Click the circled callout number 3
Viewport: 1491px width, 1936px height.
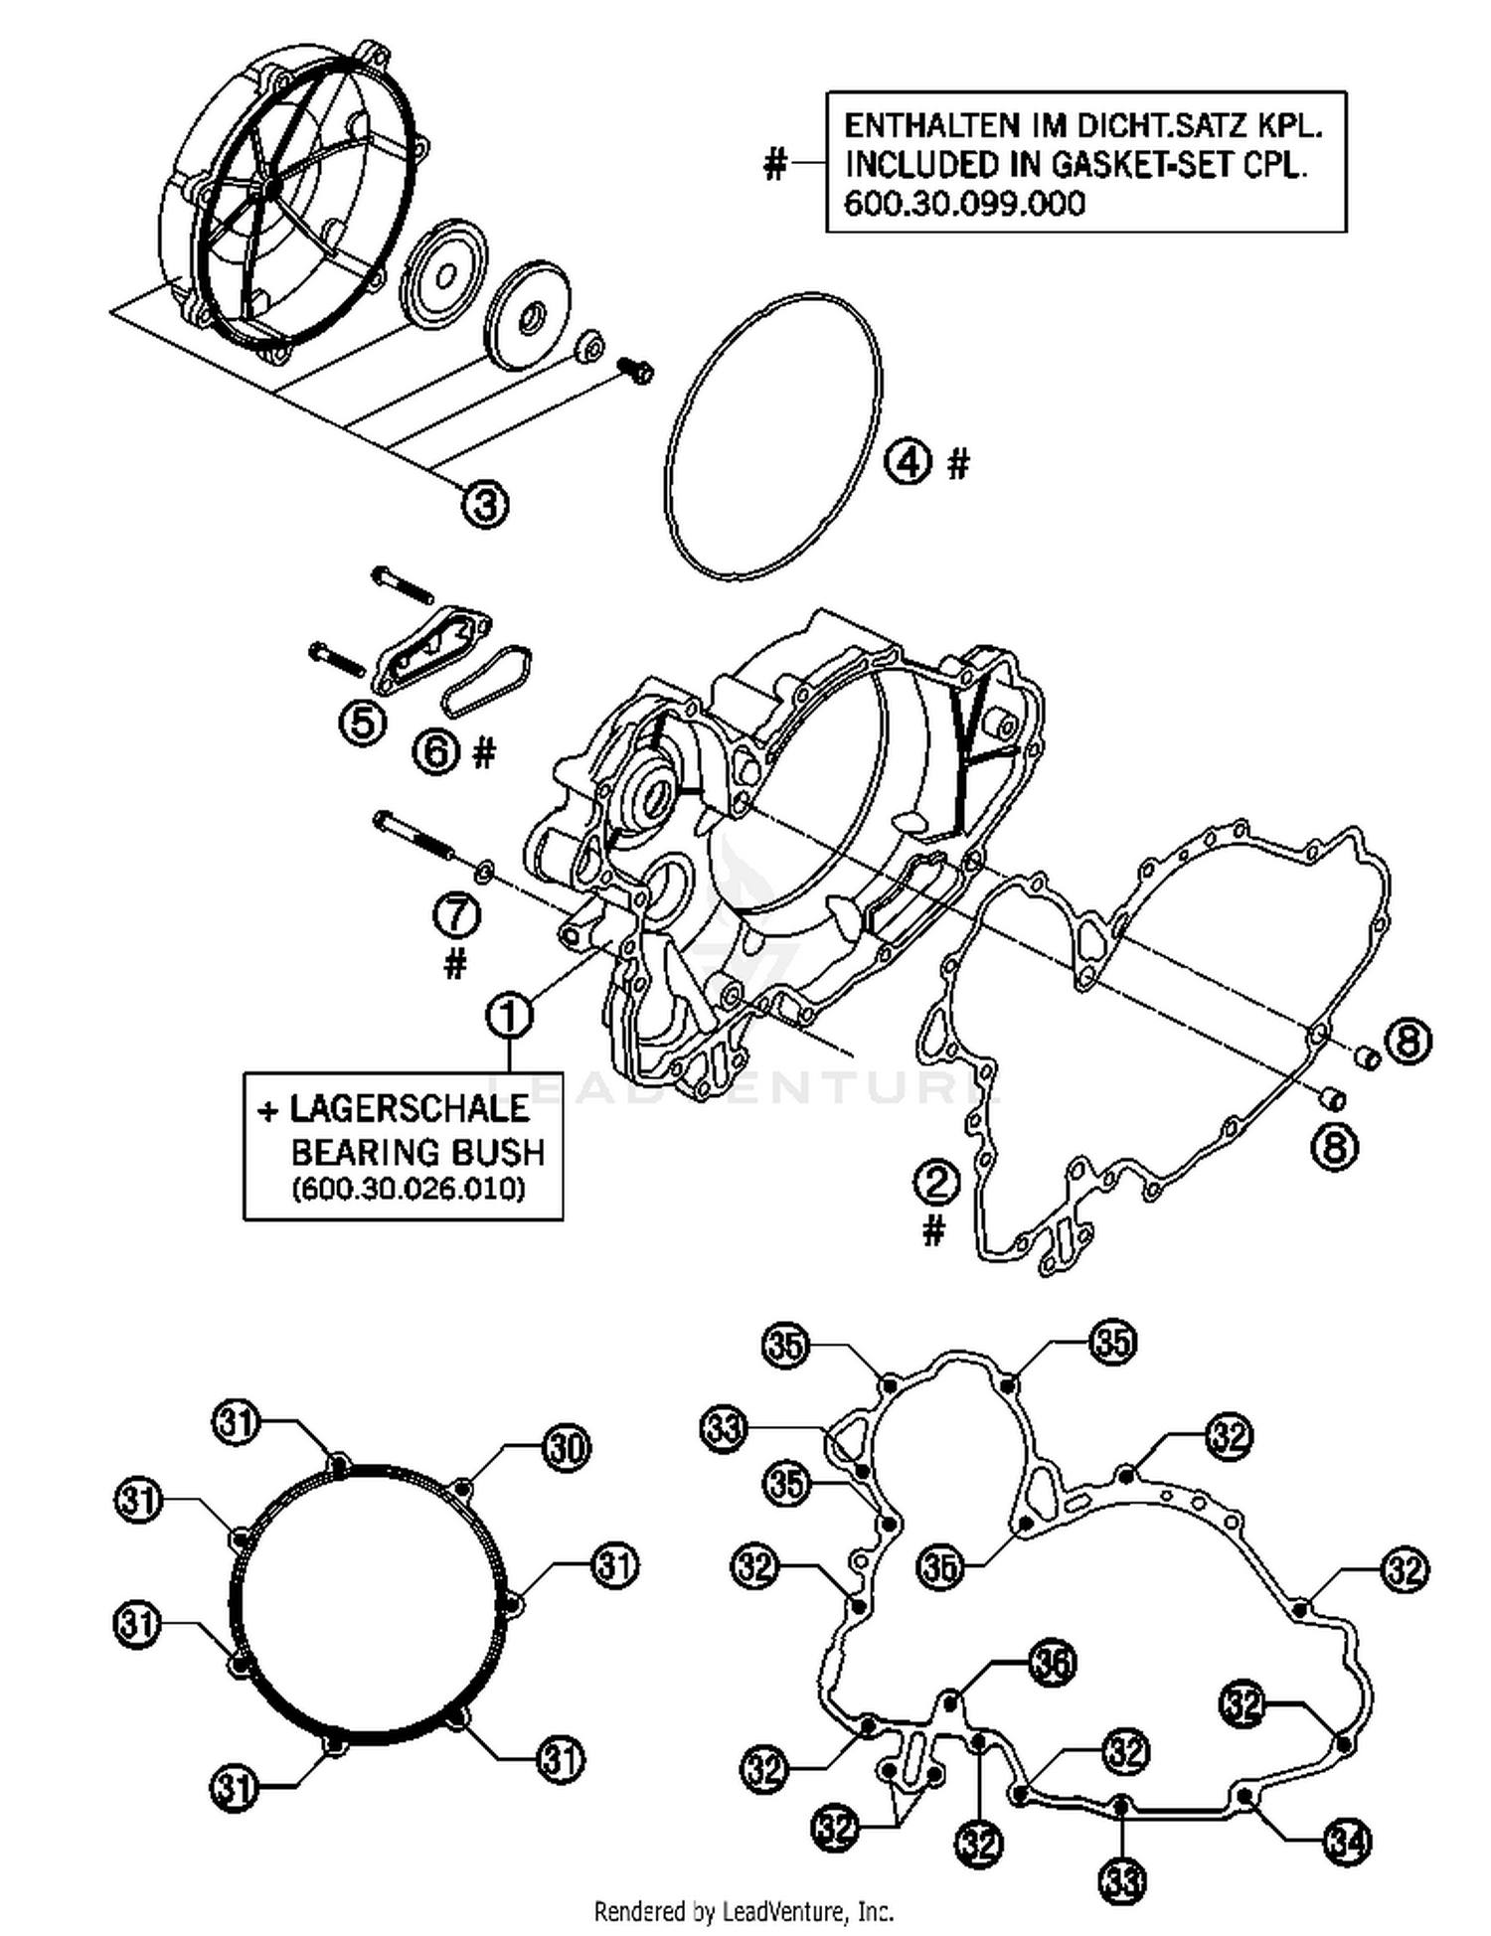coord(484,504)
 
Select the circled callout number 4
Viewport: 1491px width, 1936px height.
coord(908,461)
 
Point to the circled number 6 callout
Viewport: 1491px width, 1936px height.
coord(437,752)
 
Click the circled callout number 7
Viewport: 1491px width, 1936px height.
coord(456,915)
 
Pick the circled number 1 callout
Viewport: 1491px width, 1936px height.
coord(509,1016)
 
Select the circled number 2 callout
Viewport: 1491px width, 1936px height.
coord(936,1184)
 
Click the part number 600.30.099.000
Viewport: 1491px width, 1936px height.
coord(964,204)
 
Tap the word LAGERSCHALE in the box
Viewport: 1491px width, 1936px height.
coord(409,1108)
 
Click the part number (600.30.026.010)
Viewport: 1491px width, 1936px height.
coord(408,1189)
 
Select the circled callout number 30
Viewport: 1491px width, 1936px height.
coord(566,1448)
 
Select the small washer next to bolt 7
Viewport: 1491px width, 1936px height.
coord(483,872)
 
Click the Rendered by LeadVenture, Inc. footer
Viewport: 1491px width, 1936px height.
coord(744,1910)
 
